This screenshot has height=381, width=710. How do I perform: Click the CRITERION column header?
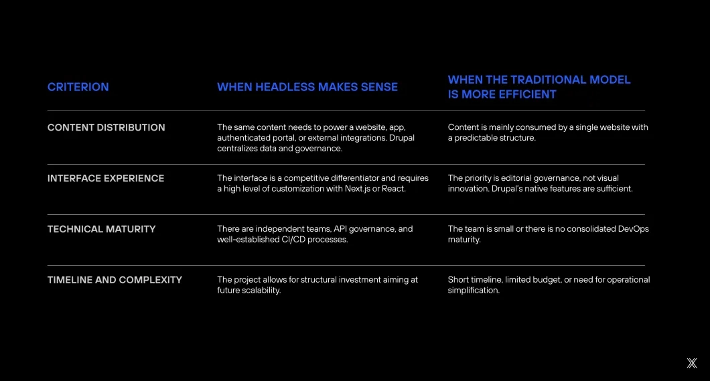tap(78, 87)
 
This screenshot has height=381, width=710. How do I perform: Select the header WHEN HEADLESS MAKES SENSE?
tap(307, 87)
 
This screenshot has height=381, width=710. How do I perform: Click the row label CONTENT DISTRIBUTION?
tap(106, 128)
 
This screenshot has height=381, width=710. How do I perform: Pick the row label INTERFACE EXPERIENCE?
tap(106, 178)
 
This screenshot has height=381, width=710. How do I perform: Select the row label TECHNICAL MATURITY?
tap(101, 229)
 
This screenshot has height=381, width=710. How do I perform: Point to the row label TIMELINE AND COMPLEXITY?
tap(115, 280)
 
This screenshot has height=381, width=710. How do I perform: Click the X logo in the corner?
tap(692, 363)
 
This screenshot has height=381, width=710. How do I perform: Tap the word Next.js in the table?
tap(357, 189)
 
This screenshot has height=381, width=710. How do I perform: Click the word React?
tap(393, 189)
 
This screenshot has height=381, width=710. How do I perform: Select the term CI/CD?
tap(293, 239)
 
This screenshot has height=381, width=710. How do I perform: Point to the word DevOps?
tap(634, 229)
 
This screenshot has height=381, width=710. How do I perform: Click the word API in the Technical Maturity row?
tap(340, 229)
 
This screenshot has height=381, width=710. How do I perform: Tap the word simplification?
tap(474, 291)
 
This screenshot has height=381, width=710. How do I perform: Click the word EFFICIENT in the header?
tap(521, 94)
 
